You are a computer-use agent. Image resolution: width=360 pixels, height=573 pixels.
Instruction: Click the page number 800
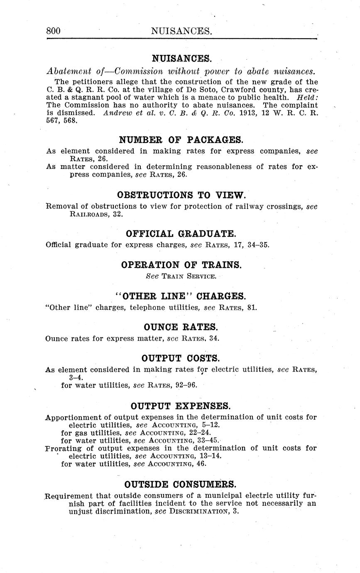tap(54, 31)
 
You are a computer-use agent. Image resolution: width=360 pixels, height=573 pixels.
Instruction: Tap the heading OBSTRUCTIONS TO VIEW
tap(181, 195)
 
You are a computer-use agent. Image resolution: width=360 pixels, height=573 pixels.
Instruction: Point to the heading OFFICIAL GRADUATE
tap(181, 233)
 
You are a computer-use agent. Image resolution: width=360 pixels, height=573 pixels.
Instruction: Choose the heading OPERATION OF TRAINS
tap(181, 265)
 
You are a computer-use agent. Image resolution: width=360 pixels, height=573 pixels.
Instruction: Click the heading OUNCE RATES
tap(181, 327)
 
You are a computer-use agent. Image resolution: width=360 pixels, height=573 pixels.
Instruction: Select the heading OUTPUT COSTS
tap(181, 358)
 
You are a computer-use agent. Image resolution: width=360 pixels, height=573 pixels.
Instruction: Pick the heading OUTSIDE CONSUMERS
tap(181, 485)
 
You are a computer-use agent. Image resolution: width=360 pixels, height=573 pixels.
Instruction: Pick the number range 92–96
tap(186, 385)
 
